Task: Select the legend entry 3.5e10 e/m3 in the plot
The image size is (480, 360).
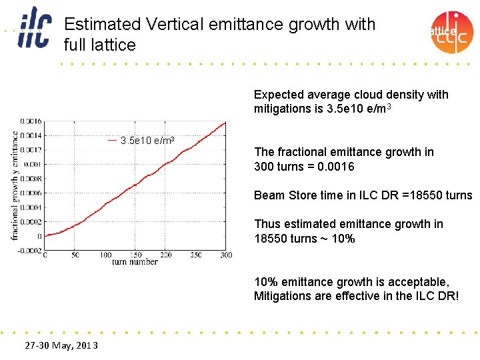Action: click(x=147, y=141)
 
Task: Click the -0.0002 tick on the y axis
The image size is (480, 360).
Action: click(x=29, y=250)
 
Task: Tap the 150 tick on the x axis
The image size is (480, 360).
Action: click(x=135, y=255)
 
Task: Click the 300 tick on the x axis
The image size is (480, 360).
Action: click(x=227, y=255)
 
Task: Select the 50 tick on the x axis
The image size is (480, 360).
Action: click(x=75, y=255)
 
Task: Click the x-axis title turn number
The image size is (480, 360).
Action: click(x=135, y=262)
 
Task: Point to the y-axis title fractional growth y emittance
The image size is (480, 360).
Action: click(x=15, y=185)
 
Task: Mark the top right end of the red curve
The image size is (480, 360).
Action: click(x=225, y=123)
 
